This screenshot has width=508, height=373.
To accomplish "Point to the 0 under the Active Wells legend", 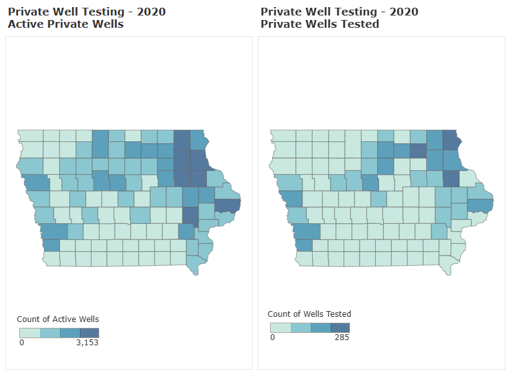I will pos(22,342).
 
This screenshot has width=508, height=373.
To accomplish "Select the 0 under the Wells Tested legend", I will pos(273,337).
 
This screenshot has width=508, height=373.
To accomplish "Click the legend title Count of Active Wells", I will pos(57,319).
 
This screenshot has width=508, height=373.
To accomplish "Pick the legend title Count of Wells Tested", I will pos(309,314).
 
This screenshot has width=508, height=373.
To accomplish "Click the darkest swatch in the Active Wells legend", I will pos(89,332).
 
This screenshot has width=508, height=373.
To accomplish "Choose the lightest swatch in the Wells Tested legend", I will pos(280,328).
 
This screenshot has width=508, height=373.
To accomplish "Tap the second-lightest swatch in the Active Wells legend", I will pos(50,332).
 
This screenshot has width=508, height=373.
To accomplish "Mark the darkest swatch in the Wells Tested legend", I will pos(340,328).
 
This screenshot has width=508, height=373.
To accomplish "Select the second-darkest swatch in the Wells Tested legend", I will pos(320,328).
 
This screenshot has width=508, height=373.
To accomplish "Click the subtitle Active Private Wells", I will pos(65,25).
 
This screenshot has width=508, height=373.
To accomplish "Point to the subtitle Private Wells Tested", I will pos(320,25).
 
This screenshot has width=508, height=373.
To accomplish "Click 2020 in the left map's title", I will pos(147,12).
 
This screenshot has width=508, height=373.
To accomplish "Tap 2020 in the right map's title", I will pos(400,12).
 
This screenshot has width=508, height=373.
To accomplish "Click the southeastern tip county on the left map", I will pos(193,264).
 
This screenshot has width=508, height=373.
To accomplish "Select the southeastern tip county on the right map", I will pos(445,264).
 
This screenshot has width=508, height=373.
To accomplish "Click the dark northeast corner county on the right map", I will pos(451,139).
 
